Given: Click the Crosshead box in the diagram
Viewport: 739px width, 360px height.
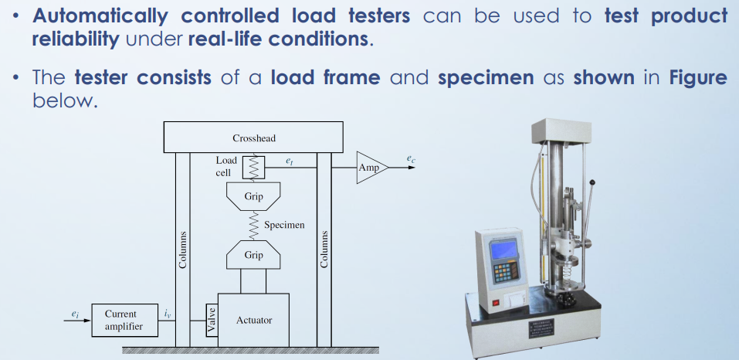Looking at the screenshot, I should tap(253, 138).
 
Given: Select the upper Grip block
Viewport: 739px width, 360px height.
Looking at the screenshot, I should tap(253, 198).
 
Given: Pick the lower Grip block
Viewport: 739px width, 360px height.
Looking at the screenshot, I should tap(253, 254).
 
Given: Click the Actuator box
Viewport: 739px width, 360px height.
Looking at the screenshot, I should tap(253, 320).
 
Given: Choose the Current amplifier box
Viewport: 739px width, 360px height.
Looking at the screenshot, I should tap(120, 321).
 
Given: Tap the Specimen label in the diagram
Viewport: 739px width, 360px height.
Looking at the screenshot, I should tap(284, 226).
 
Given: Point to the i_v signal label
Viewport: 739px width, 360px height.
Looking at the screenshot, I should tap(168, 313).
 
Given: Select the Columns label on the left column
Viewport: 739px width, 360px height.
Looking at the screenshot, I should tap(183, 250).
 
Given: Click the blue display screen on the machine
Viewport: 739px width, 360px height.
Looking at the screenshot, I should tap(503, 250).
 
